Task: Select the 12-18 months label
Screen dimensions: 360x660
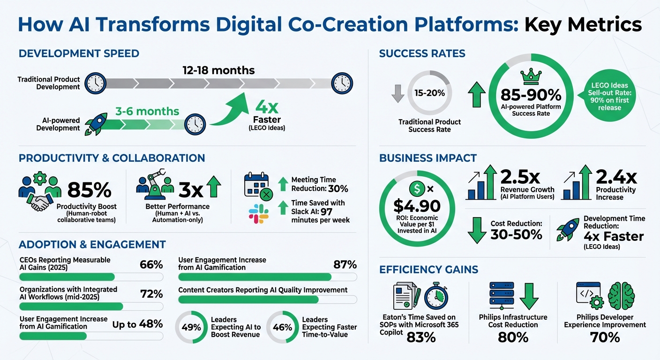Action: [x=218, y=70]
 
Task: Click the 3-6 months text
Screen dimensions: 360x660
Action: [x=147, y=111]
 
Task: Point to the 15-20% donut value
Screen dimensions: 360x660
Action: [x=429, y=93]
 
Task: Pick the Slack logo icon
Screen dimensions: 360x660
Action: [x=258, y=213]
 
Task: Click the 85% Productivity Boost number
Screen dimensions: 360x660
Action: [x=89, y=190]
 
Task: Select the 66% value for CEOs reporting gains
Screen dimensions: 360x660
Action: [x=151, y=264]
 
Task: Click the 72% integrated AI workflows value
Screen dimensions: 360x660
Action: [x=151, y=294]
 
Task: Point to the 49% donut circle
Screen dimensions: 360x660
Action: [x=191, y=327]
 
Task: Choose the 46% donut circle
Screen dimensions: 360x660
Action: [x=282, y=327]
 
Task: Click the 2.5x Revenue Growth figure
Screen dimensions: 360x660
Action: [x=520, y=177]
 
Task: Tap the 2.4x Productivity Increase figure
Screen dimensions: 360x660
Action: [x=616, y=177]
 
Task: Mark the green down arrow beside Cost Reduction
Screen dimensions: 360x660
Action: [x=477, y=229]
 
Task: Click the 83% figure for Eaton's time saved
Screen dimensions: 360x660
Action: [x=421, y=337]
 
